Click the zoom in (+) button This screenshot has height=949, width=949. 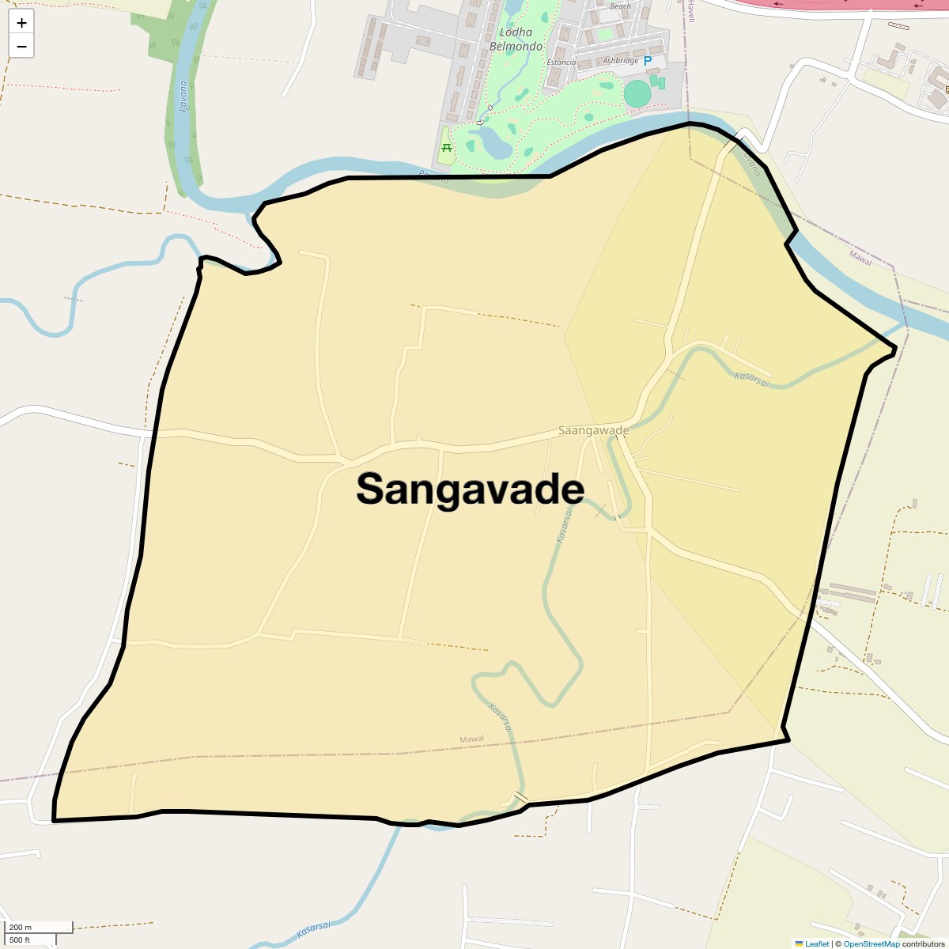(x=21, y=23)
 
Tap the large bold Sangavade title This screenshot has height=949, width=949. (x=470, y=489)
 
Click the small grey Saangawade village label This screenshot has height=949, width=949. (x=593, y=430)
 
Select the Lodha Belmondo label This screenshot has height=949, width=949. (x=516, y=39)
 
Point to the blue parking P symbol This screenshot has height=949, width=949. (x=648, y=61)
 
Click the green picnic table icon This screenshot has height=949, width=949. (x=447, y=147)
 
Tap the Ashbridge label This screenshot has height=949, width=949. (x=620, y=61)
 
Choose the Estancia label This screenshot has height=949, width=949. (x=561, y=62)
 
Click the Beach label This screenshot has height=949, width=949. (x=621, y=6)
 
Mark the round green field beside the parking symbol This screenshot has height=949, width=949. (x=637, y=93)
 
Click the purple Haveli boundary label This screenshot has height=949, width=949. (x=690, y=11)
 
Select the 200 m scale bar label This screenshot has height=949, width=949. (x=21, y=927)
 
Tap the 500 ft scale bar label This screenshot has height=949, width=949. (x=20, y=940)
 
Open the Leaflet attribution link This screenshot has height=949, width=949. (x=817, y=943)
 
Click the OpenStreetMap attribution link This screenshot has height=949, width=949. (x=871, y=943)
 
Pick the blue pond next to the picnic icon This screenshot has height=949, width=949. (x=495, y=143)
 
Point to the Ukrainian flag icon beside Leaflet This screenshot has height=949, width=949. (x=799, y=943)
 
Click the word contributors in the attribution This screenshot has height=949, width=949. (x=924, y=943)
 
